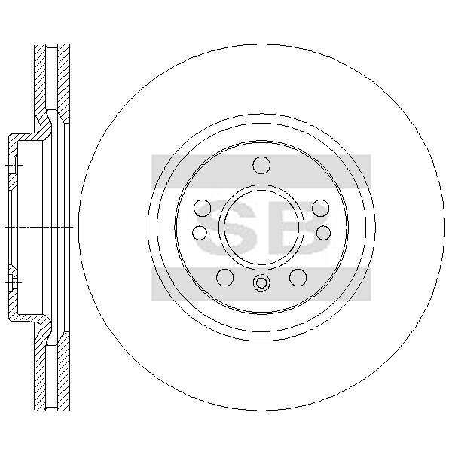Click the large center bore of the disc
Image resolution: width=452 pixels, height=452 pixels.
[x=261, y=227]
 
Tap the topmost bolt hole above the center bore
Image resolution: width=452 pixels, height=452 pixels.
[x=261, y=165]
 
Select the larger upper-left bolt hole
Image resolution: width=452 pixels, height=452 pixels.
[x=203, y=208]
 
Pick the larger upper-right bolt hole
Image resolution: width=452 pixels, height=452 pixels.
[x=321, y=208]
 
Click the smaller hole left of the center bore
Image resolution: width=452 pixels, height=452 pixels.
[x=200, y=233]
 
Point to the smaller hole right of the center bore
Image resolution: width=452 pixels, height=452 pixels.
[x=323, y=233]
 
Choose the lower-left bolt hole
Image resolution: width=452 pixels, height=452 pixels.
[x=224, y=277]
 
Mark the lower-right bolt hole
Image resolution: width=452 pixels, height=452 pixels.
[x=298, y=277]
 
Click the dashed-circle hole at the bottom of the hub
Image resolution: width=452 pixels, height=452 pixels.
[x=261, y=282]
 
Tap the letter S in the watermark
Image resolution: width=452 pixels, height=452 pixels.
[x=225, y=228]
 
